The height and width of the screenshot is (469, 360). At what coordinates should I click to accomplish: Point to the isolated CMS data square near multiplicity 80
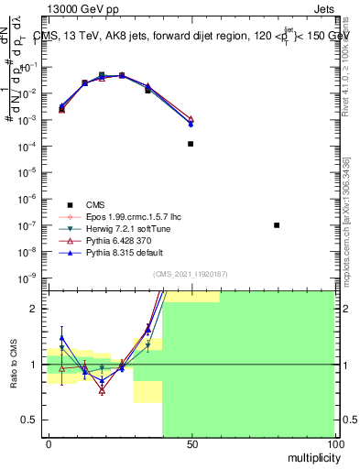[277, 225]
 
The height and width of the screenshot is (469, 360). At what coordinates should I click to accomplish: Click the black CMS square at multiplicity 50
[191, 144]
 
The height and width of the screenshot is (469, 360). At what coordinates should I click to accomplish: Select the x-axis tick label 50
[191, 443]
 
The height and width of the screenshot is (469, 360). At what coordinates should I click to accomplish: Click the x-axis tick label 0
[48, 443]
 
